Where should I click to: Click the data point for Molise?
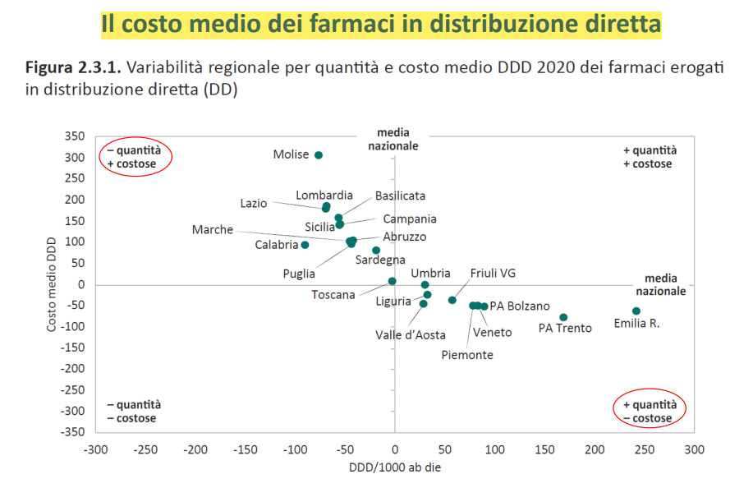pos(319,155)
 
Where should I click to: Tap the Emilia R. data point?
pos(636,311)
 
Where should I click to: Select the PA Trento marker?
pos(563,317)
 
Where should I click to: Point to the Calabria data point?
pos(305,245)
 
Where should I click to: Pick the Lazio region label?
pos(254,203)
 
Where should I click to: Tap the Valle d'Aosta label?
pos(411,334)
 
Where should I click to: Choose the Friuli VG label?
pos(493,274)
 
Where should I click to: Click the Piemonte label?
pos(467,355)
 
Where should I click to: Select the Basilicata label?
pos(401,196)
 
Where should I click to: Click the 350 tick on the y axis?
pos(75,136)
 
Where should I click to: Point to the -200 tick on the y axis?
pos(72,368)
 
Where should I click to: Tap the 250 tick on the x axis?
pos(644,449)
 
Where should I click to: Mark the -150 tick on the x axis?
pos(246,449)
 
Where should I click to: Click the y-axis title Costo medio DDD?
pos(52,283)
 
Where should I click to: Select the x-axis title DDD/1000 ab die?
pos(395,467)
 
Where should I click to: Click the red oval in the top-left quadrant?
pos(135,157)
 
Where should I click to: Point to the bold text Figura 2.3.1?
pos(72,67)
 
